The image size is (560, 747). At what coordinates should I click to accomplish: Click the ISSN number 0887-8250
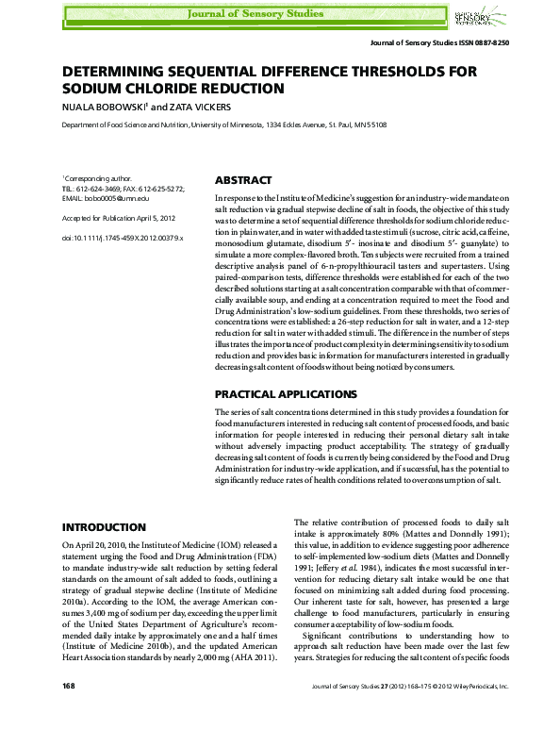click(x=492, y=45)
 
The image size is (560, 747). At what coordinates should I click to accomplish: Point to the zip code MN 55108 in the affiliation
click(x=366, y=124)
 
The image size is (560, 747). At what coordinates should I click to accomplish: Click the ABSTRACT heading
click(x=244, y=180)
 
